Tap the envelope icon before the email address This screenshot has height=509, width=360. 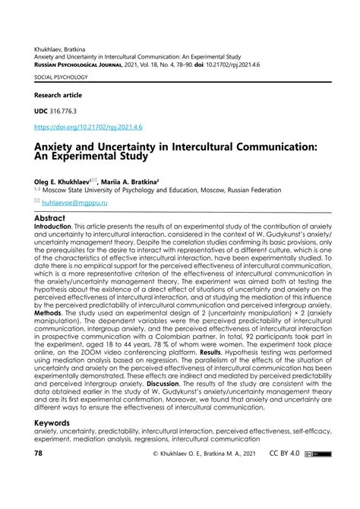39,204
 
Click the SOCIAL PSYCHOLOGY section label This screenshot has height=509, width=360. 61,77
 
